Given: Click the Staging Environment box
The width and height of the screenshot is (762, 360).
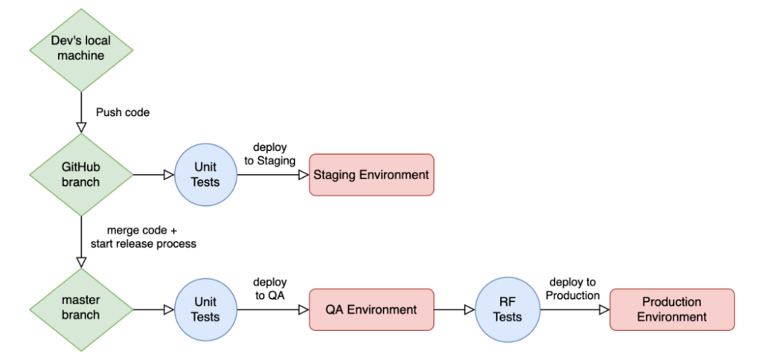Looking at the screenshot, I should [371, 175].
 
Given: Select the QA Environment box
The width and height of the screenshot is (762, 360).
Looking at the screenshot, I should [371, 309].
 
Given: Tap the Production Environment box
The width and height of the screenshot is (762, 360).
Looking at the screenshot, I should [671, 309].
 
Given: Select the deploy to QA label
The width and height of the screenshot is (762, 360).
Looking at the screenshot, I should [269, 289].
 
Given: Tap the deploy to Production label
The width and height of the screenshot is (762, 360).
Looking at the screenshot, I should [573, 289].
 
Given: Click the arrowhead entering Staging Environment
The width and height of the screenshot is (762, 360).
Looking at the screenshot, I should [303, 175].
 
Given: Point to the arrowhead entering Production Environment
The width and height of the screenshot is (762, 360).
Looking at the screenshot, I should [603, 309].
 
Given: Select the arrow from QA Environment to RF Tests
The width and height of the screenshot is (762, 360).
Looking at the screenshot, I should [454, 309].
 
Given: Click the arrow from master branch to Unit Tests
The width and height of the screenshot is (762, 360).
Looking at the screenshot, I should [153, 309].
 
